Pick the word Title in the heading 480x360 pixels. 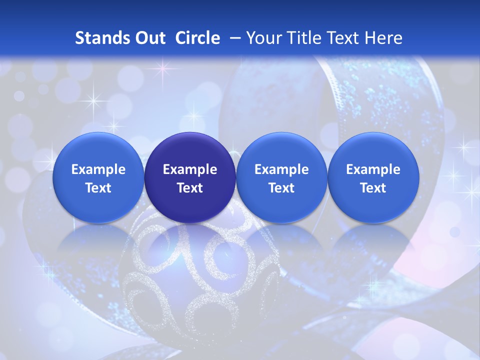[303, 38]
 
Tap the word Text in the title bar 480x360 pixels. [343, 38]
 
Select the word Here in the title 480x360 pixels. [384, 38]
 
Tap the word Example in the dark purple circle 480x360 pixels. [190, 169]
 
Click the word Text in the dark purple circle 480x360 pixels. [190, 188]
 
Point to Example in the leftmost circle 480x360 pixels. [98, 169]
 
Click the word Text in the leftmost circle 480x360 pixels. [98, 188]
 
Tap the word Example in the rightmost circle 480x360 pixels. [373, 169]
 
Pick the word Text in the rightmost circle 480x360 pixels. [373, 188]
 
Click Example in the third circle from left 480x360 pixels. [281, 169]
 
